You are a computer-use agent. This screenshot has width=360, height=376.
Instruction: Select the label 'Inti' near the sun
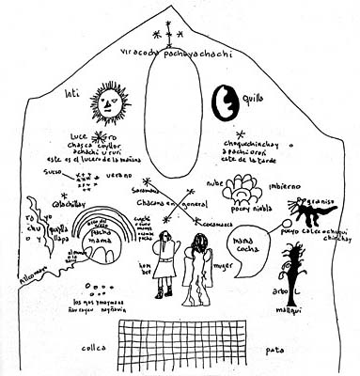pyautogui.click(x=69, y=92)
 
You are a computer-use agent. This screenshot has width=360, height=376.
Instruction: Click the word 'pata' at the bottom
pyautogui.click(x=275, y=349)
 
